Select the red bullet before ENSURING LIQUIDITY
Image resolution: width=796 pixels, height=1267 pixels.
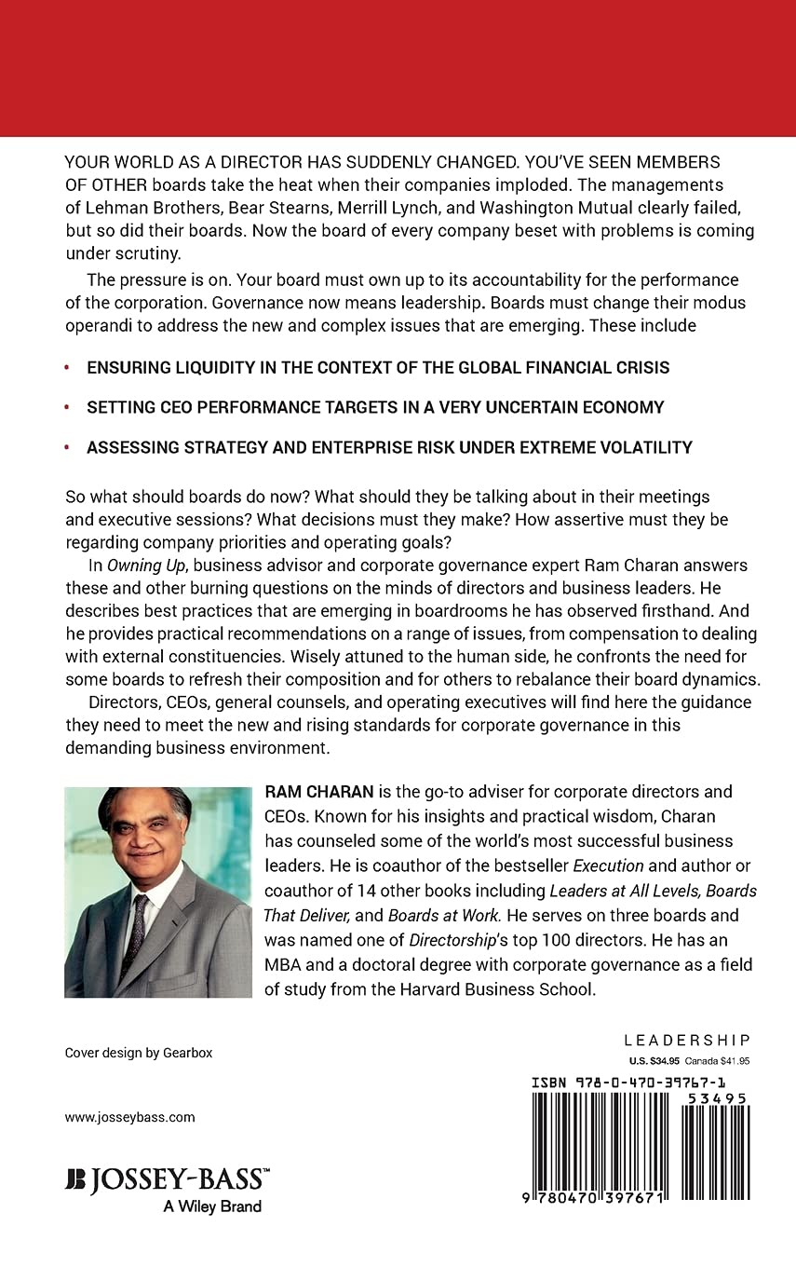coord(67,368)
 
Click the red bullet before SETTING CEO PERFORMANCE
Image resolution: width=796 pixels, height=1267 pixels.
coord(67,407)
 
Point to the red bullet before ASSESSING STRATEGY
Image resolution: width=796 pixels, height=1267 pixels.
coord(67,448)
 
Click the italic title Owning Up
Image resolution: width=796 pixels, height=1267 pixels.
coord(128,565)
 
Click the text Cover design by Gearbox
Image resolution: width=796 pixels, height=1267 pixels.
coord(139,1053)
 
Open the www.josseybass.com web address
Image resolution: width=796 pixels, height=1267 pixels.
coord(129,1117)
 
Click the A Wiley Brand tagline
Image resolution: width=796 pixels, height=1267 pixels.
coord(212,1206)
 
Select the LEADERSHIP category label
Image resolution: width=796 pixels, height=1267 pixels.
coord(686,1041)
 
